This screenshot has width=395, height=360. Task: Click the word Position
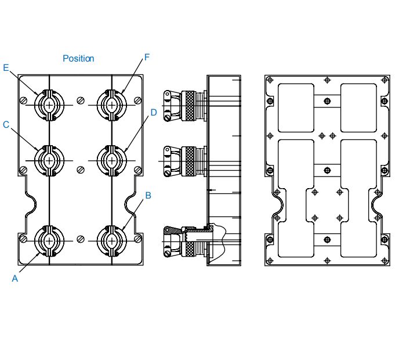point(78,59)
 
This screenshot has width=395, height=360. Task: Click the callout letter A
point(15,279)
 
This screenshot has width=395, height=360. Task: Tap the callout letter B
point(148,196)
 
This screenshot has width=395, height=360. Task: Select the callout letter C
point(6,124)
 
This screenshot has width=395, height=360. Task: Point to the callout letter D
point(154,112)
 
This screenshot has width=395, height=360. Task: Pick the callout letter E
point(6,68)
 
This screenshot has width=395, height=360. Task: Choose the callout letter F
point(147,57)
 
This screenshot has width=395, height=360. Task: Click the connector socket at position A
point(49,240)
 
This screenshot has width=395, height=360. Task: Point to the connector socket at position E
point(49,105)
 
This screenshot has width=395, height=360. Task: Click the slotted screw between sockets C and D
point(81,170)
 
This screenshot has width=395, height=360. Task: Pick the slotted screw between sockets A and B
point(81,239)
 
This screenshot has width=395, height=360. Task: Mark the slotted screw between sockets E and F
point(81,96)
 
